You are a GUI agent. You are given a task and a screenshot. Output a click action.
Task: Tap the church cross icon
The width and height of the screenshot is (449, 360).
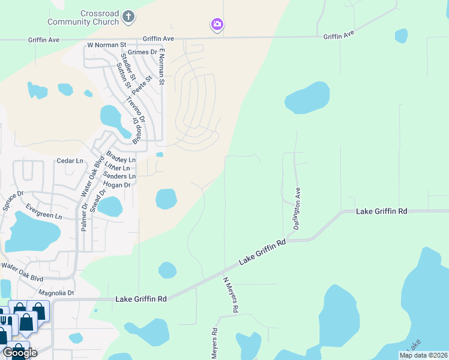127,17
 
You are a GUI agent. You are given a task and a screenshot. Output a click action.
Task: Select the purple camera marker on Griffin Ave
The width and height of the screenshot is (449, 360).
217,25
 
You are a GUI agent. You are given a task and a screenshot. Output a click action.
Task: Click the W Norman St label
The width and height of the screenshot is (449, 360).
107,44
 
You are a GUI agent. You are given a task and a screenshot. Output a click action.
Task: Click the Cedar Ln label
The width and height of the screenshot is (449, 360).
70,161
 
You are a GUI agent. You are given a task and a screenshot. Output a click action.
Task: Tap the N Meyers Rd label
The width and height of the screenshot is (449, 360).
231,294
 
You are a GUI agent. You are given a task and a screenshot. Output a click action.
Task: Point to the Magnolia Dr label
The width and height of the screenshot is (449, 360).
56,293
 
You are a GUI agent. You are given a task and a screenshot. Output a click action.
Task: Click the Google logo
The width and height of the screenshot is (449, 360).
19,353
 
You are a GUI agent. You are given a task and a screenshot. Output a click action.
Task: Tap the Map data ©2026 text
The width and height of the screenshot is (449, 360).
423,355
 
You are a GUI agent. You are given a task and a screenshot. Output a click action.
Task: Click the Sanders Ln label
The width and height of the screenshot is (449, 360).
119,176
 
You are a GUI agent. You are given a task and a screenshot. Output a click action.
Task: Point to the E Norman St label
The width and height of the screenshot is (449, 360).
161,67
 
